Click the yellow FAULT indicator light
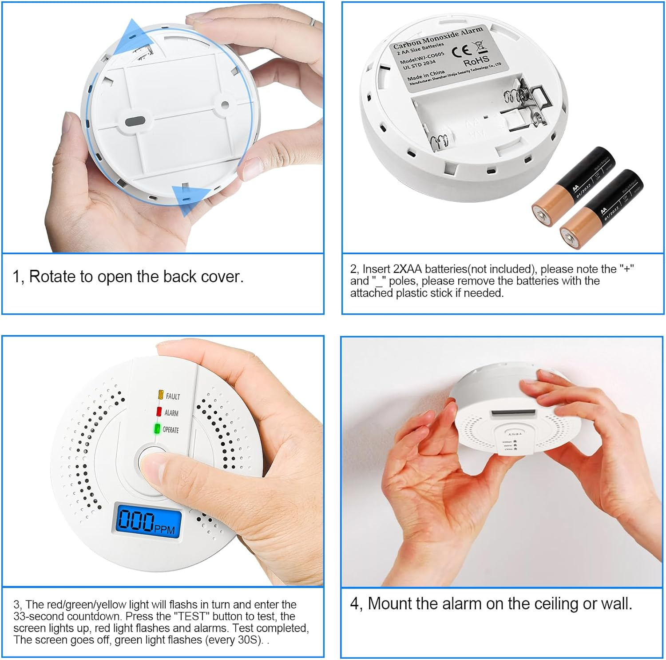coord(161,394)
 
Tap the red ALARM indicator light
coord(159,412)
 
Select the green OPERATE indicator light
coord(157,429)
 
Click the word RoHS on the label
coord(476,61)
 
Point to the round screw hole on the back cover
coord(225,105)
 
